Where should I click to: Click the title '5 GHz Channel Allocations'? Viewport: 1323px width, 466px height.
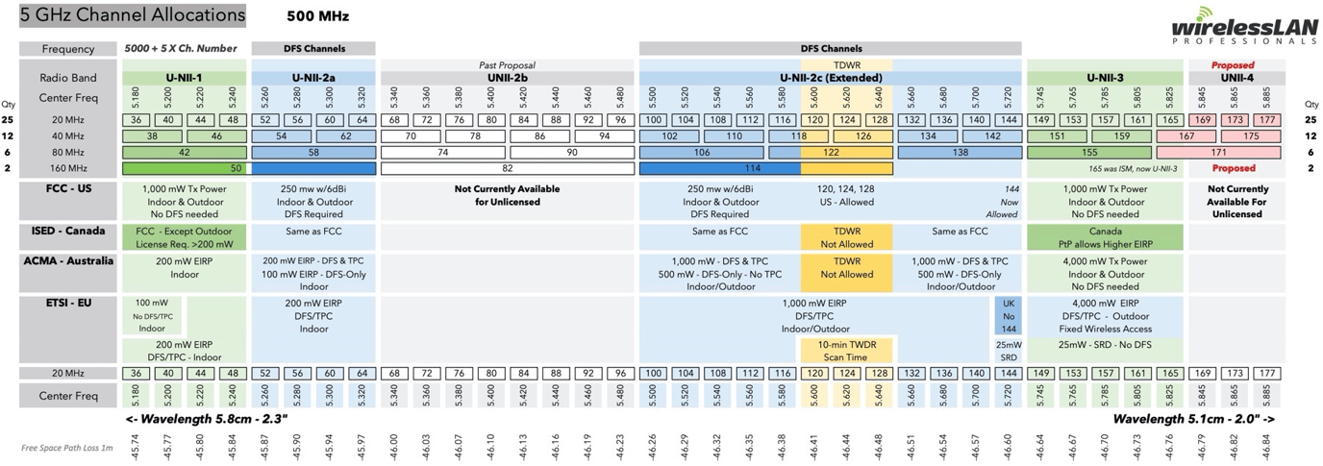(133, 15)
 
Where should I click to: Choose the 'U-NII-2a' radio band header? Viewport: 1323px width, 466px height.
(312, 78)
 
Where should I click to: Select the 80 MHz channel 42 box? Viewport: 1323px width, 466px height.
(184, 152)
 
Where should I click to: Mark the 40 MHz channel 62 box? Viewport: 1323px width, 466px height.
(345, 136)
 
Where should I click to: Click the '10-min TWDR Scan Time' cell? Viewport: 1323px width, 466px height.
(846, 350)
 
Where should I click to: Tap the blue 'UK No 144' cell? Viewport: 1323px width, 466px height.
(1008, 316)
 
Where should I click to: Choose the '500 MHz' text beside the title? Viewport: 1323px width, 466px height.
(317, 16)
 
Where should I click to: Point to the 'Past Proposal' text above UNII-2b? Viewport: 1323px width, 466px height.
(507, 64)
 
